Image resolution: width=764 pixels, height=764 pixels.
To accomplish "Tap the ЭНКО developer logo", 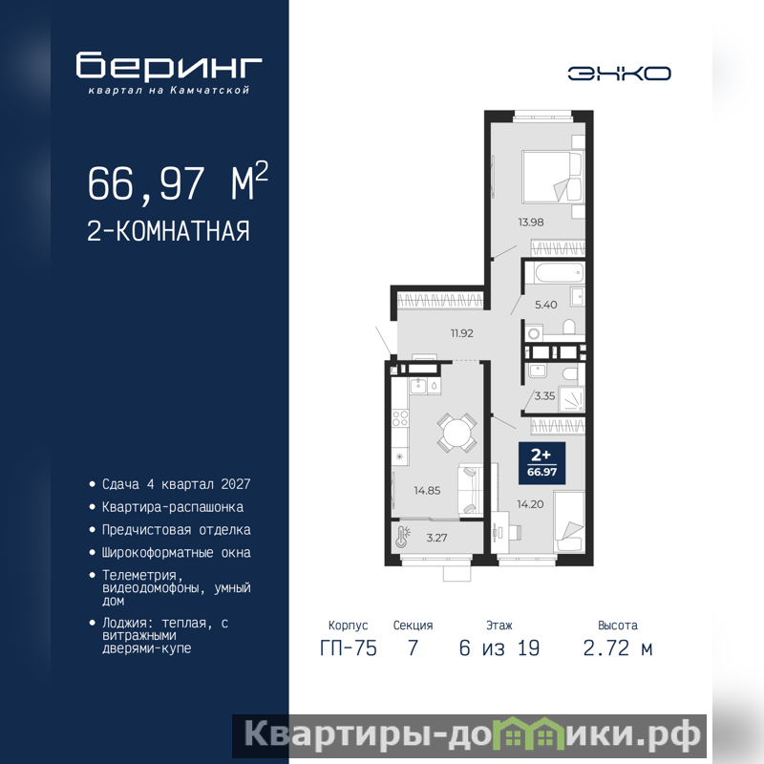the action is coord(619,74).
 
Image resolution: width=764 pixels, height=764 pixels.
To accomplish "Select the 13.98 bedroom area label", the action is coord(531,223).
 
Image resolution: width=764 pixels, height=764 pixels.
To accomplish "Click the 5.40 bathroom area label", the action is coord(545,305).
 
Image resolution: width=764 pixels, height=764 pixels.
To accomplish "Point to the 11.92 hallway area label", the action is coord(461,333).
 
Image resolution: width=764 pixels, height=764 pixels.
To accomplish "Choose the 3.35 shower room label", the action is coord(544,395).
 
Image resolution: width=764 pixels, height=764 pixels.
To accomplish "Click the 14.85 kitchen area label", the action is coord(427,491).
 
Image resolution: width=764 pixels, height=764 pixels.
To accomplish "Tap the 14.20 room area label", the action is coord(530,504).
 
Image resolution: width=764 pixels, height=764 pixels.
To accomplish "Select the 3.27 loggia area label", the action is coord(436,538).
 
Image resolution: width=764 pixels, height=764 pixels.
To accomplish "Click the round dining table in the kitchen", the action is coord(456,433).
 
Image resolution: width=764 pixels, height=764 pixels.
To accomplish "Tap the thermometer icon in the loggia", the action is coord(403,537).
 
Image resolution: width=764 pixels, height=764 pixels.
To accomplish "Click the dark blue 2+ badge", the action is coord(541,463).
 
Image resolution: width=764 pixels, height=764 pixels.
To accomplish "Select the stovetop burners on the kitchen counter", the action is coord(400,418).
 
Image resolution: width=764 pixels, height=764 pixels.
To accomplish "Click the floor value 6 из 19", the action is coord(499,648).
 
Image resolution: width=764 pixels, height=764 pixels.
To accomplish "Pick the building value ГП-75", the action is coord(349,648).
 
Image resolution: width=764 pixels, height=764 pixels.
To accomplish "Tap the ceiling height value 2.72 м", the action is coord(618,648).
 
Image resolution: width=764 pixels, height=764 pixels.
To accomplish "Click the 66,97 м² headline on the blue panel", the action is coord(178,181).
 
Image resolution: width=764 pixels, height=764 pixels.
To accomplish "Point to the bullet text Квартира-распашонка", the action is coord(173,507).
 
